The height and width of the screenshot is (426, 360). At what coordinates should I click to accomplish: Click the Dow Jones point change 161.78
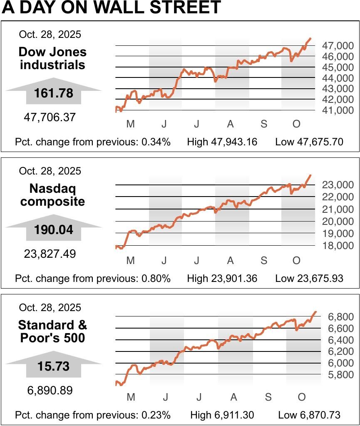tap(53, 93)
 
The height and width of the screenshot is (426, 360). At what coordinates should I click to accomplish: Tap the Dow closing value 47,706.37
tap(50, 117)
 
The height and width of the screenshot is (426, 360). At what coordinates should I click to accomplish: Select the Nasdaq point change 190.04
tap(53, 230)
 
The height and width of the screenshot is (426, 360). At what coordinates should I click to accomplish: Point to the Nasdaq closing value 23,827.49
tap(50, 254)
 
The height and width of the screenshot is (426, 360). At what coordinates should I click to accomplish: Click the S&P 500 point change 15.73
tap(53, 366)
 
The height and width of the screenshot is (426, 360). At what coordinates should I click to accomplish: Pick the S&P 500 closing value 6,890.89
tap(50, 391)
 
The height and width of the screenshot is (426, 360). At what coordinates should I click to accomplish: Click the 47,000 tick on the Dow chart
tap(338, 45)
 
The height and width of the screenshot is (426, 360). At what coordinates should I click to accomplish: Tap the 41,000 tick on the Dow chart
tap(338, 110)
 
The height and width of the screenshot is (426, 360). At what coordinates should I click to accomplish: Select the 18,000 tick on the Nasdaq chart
tap(338, 246)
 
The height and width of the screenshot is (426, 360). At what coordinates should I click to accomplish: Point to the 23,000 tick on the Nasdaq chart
tap(338, 184)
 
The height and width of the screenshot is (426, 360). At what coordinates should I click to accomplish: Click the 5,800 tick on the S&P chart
tap(341, 375)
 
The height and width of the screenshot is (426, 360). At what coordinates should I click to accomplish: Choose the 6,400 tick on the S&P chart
tap(341, 340)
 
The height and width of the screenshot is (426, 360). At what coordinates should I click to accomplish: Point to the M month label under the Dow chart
tap(131, 124)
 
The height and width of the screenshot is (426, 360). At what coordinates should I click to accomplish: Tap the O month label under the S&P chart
tap(302, 397)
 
